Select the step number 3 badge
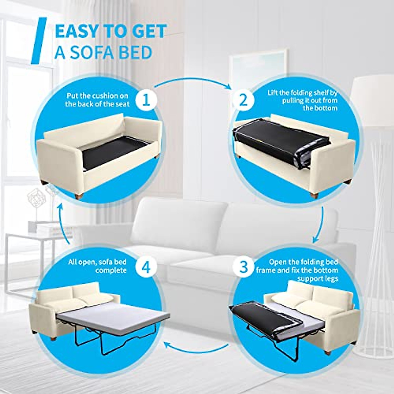coord(243,267)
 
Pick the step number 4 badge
coord(146,267)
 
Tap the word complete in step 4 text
coord(111,271)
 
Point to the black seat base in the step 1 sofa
coord(115,151)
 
